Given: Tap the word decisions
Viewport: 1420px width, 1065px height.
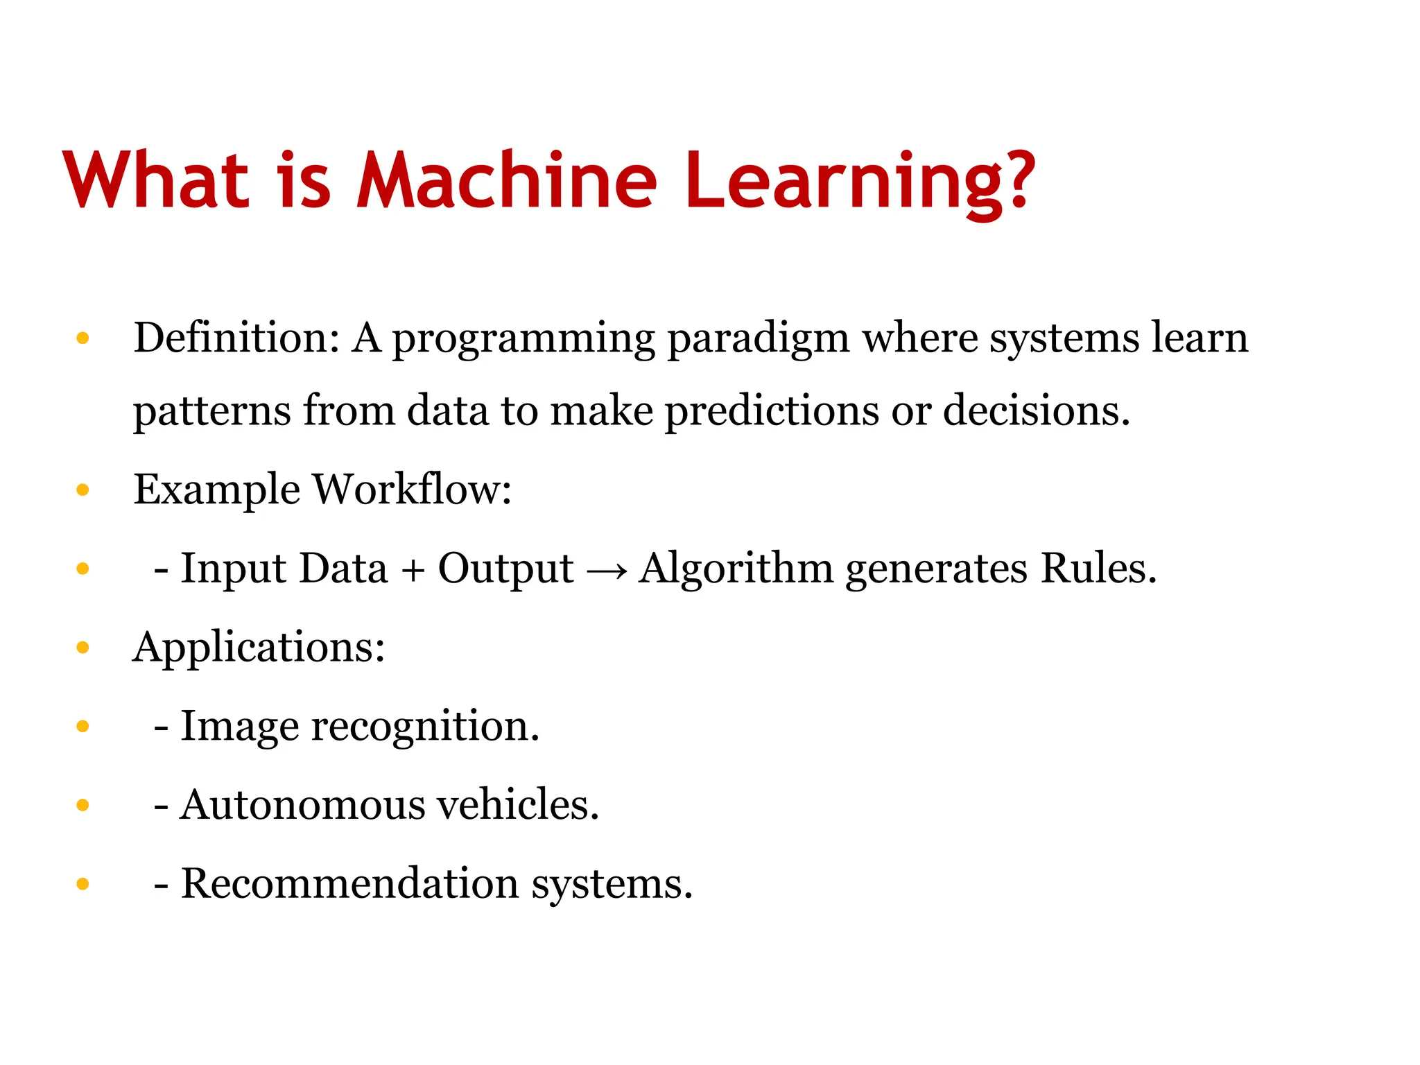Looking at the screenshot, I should [1036, 410].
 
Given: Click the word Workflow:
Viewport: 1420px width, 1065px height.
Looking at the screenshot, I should [412, 490].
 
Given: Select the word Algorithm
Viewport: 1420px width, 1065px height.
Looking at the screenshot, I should [736, 569].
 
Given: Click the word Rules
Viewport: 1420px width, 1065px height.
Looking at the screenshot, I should [1098, 569].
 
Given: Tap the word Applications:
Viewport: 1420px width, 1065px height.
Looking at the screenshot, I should [259, 648].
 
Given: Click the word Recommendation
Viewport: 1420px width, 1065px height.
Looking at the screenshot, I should [350, 884].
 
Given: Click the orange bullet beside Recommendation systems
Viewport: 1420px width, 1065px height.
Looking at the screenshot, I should [83, 884].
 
